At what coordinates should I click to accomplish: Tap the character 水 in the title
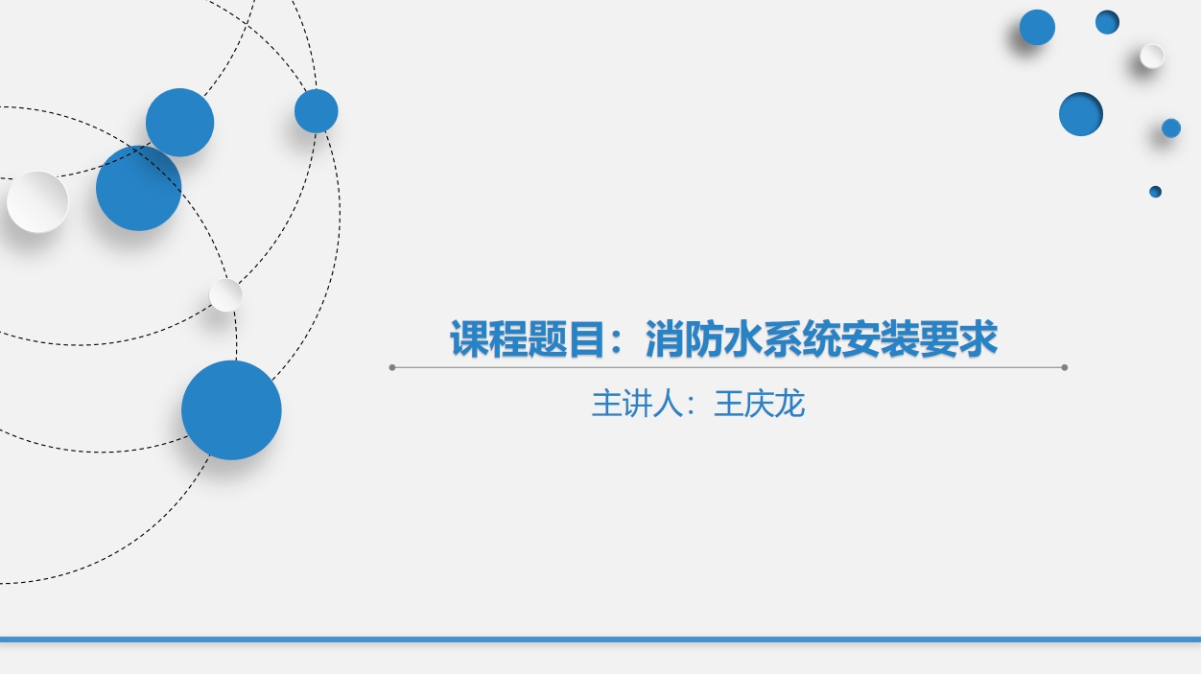tap(743, 339)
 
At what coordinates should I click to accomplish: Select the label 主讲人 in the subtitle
tap(636, 404)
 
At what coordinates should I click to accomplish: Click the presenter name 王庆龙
tap(759, 404)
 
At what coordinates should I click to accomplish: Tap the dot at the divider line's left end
tap(392, 367)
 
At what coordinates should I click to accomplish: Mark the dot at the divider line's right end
tap(1065, 367)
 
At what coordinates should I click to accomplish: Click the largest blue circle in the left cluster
tap(231, 410)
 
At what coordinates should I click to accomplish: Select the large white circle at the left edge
tap(37, 201)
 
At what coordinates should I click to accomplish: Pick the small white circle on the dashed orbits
tap(225, 295)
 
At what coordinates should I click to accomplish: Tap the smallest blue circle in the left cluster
tap(316, 111)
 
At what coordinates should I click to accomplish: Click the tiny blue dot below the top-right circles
tap(1156, 192)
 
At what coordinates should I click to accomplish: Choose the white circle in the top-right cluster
tap(1152, 57)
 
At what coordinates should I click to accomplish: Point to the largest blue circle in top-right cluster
tap(1081, 114)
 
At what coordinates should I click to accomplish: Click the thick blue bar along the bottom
tap(600, 639)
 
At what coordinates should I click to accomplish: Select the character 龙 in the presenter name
tap(789, 404)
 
